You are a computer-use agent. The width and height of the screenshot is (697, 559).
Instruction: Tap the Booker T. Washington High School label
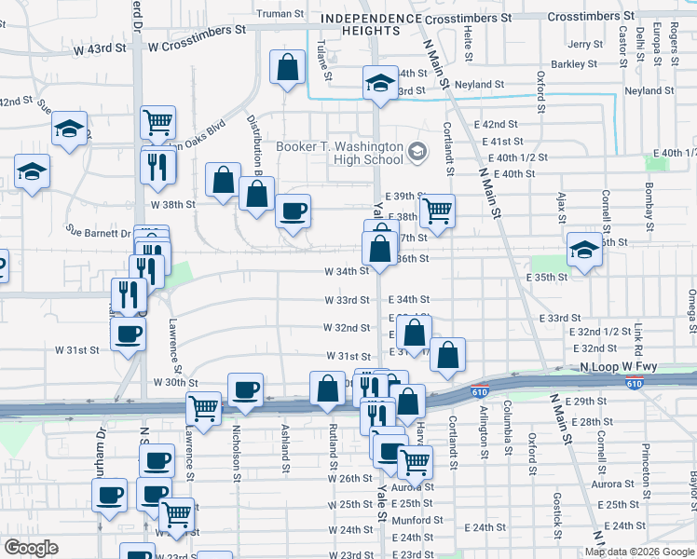click(340, 153)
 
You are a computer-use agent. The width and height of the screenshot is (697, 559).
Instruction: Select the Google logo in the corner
click(32, 548)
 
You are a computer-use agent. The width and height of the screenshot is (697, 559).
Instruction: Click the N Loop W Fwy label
click(618, 368)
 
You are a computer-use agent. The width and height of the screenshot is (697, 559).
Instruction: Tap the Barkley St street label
click(573, 64)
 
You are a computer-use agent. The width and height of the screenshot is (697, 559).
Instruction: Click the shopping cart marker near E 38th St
click(436, 211)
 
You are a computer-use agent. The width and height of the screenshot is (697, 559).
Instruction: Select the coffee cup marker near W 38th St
click(294, 211)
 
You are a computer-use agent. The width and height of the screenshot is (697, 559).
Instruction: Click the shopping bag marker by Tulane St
click(288, 67)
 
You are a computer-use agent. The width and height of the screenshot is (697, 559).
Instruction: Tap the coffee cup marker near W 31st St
click(128, 334)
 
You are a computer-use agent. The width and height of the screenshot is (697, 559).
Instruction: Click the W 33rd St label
click(348, 300)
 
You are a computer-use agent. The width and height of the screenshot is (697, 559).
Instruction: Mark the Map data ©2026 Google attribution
click(639, 552)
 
